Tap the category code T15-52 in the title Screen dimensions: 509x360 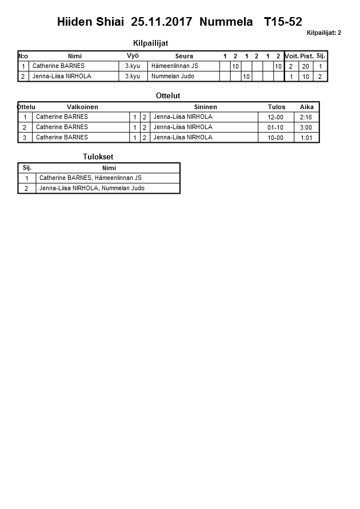pos(283,22)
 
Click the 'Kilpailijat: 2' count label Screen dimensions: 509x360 pos(323,33)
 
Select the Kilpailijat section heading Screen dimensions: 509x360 pos(150,43)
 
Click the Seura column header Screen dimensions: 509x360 pos(184,56)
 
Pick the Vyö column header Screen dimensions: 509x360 pos(133,55)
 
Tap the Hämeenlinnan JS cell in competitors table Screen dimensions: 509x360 pos(175,66)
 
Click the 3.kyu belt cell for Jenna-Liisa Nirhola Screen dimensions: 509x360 pos(133,76)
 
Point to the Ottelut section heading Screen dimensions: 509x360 pos(168,95)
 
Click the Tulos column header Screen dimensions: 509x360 pos(276,107)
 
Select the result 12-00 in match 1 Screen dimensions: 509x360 pos(275,117)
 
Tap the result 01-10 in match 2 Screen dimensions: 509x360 pos(275,127)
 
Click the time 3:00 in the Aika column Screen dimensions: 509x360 pos(306,127)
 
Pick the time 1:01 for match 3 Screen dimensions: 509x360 pos(306,138)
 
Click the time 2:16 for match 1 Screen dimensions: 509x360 pos(306,117)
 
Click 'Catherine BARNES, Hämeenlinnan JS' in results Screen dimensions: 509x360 pos(90,178)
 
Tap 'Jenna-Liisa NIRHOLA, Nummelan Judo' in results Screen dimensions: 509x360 pos(92,188)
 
